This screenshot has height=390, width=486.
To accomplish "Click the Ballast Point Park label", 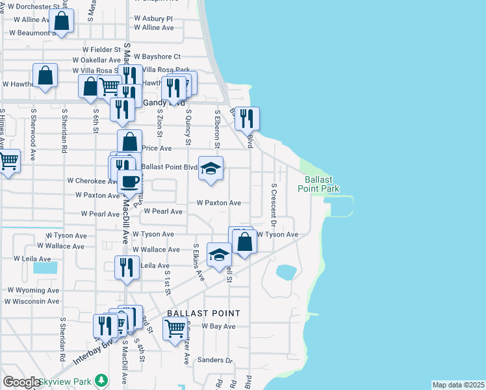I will tap(318, 184).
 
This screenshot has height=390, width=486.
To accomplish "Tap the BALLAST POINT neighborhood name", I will tap(203, 313).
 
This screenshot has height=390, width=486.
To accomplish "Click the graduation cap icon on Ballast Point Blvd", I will tap(211, 168).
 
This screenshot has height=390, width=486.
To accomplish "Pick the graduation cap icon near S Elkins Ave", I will tap(219, 254).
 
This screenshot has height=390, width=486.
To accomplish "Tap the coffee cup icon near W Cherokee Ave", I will tap(130, 181).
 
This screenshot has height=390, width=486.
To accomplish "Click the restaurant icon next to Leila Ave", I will tap(127, 267).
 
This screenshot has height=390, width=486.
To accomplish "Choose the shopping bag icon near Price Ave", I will tap(129, 141).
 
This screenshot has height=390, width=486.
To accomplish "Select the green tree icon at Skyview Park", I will tap(101, 380).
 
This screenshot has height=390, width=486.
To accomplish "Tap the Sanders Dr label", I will tap(215, 359).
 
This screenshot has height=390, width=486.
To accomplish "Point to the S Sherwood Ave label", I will tap(32, 135).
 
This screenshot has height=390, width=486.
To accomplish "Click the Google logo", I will tap(21, 382).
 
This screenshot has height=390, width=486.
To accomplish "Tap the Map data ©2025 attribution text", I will tap(459, 385).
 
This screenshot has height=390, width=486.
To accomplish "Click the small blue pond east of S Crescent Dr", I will tap(285, 272).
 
